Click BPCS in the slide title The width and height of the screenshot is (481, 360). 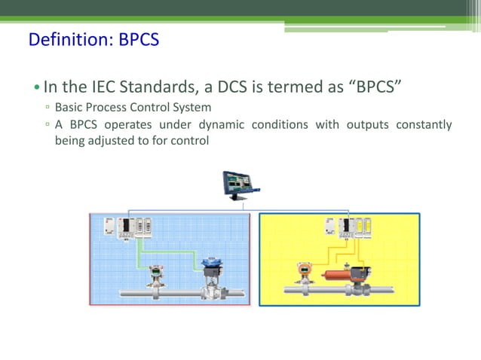[x=139, y=39]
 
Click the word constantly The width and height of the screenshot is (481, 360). [x=425, y=124]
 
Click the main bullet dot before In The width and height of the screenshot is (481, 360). [x=37, y=87]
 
